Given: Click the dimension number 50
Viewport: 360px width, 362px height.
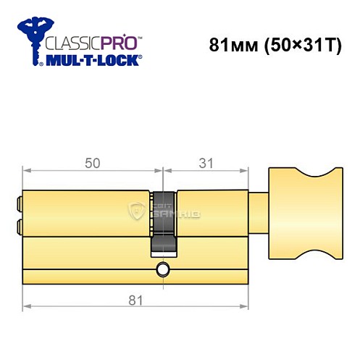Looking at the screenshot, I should coord(92,164).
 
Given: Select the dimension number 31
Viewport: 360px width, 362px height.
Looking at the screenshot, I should coord(207,164).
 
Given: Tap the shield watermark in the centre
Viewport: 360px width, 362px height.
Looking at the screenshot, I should coord(136,211).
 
